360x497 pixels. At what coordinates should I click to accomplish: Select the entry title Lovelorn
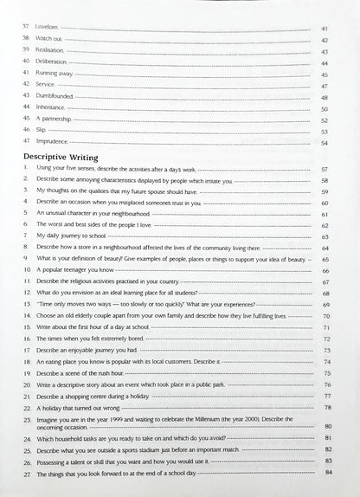[49, 29]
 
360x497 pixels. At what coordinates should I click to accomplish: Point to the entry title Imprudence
[53, 141]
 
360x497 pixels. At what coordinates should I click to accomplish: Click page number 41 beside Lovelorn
[325, 29]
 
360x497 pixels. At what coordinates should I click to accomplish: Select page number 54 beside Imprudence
[325, 142]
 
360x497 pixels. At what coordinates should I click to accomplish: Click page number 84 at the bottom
[328, 471]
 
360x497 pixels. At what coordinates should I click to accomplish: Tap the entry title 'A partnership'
[56, 119]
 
